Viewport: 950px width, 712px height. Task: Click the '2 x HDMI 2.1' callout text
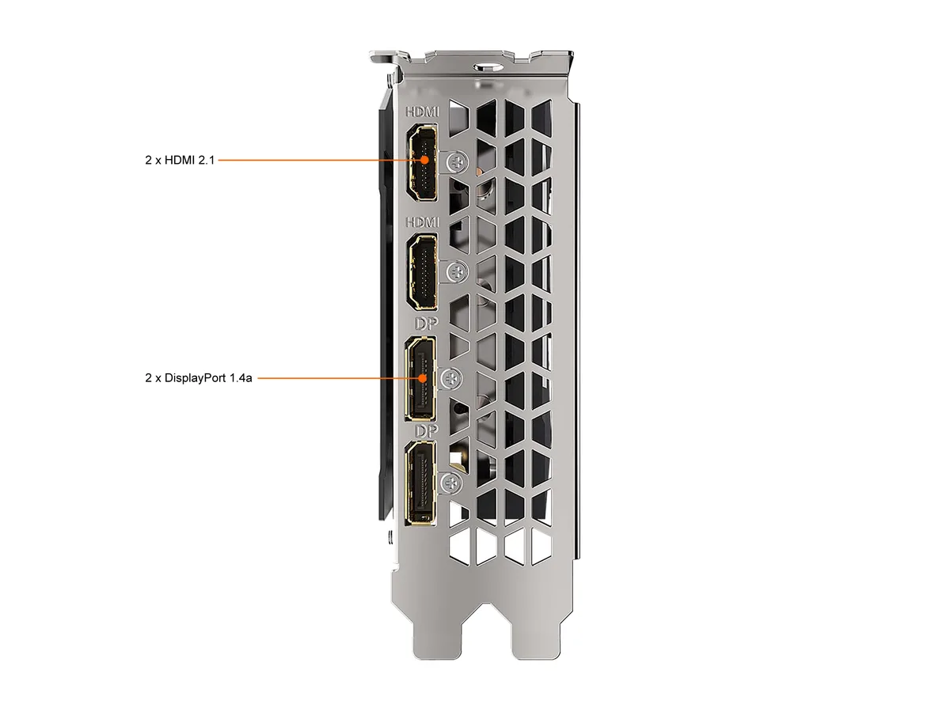tap(180, 160)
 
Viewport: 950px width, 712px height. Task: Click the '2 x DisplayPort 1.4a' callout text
tap(198, 378)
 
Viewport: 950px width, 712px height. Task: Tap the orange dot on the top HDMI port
tap(424, 160)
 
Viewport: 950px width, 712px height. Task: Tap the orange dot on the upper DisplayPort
tap(423, 378)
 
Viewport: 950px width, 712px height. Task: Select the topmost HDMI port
tap(422, 162)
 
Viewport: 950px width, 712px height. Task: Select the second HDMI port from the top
tap(422, 272)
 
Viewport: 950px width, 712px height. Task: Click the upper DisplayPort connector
tap(420, 379)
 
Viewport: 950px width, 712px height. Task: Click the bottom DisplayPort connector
tap(420, 483)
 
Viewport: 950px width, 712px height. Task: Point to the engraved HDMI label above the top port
tap(423, 112)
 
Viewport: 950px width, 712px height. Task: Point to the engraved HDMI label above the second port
tap(423, 222)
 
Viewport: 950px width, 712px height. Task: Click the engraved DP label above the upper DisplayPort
tap(426, 324)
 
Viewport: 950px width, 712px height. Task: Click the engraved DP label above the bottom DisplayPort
tap(426, 430)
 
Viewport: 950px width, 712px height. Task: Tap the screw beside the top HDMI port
tap(457, 162)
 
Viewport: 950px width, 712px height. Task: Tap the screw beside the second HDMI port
tap(457, 272)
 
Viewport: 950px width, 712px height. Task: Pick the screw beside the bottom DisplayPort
tap(451, 483)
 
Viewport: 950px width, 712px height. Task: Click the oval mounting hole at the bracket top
tap(488, 67)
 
